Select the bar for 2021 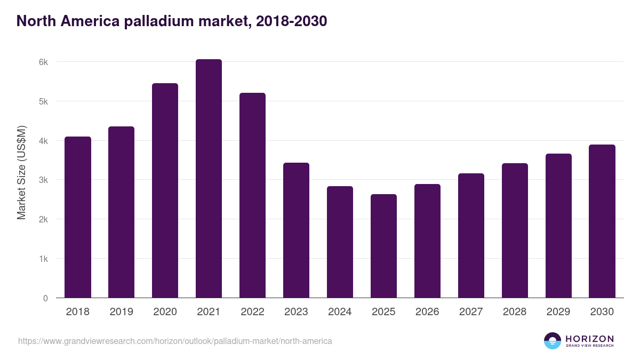209,179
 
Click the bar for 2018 78,218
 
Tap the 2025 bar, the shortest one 383,246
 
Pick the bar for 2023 296,230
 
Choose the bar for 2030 602,221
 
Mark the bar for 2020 165,191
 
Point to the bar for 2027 471,236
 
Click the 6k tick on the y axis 43,62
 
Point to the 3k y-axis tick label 43,180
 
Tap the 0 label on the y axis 45,298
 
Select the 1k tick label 43,259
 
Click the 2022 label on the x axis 252,312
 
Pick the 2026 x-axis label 427,312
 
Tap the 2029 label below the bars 558,312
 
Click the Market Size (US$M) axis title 21,172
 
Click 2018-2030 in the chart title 291,21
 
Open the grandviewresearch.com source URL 175,341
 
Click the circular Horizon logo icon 553,341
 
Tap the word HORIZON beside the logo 589,339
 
